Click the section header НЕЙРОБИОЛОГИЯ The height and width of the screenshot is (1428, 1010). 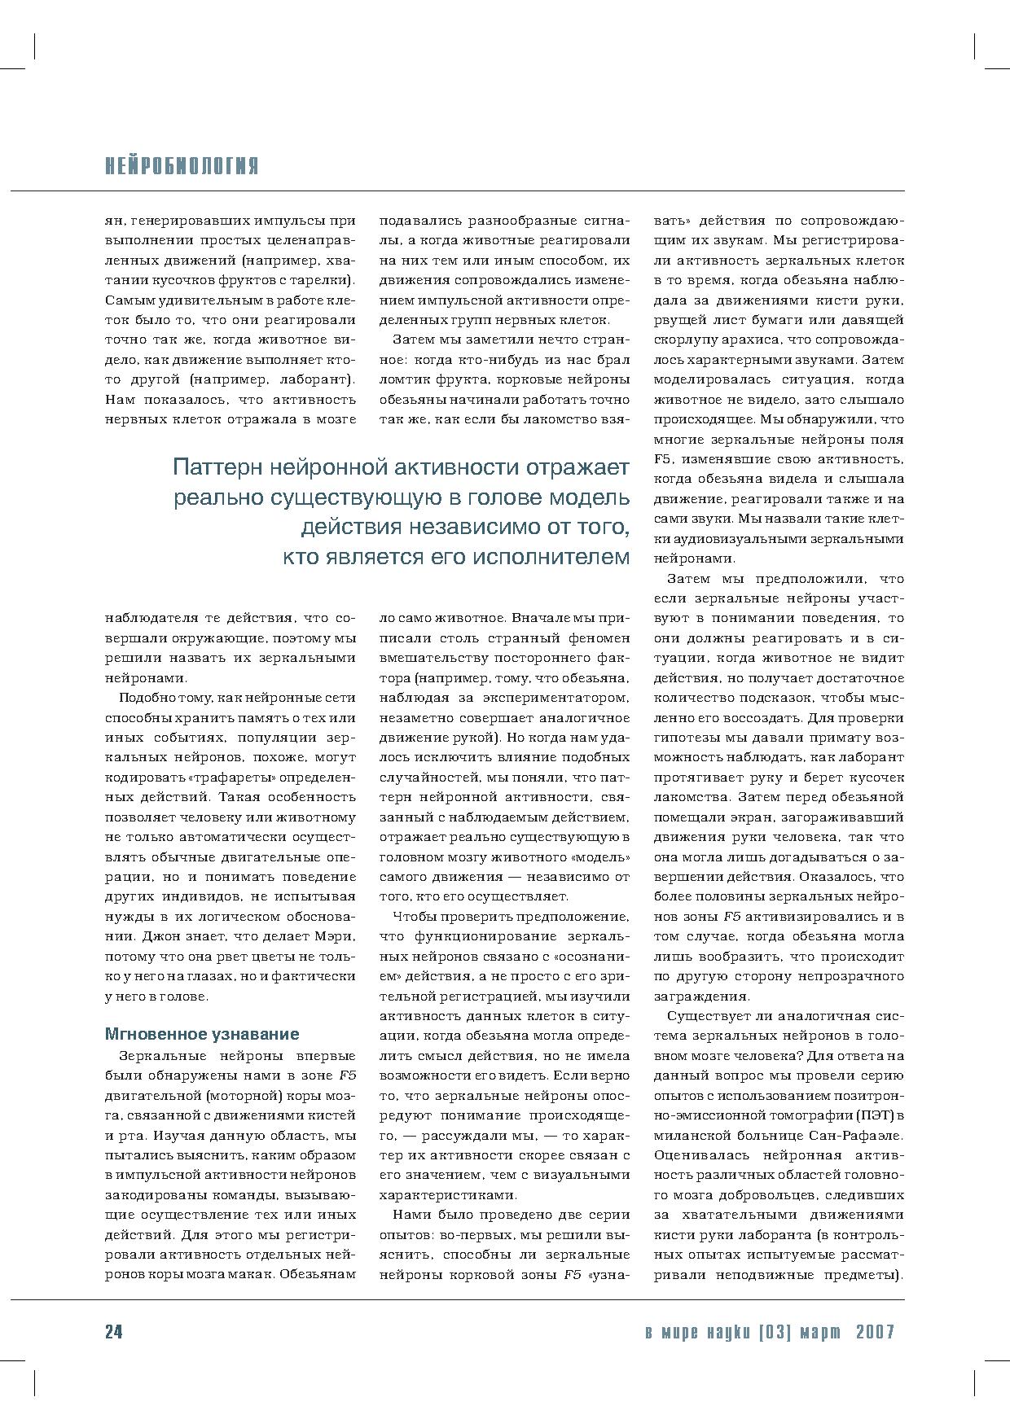point(182,167)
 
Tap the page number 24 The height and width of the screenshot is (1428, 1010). point(113,1332)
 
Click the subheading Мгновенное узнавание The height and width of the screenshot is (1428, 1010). point(202,1034)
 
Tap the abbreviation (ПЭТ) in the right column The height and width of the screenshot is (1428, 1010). point(876,1115)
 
